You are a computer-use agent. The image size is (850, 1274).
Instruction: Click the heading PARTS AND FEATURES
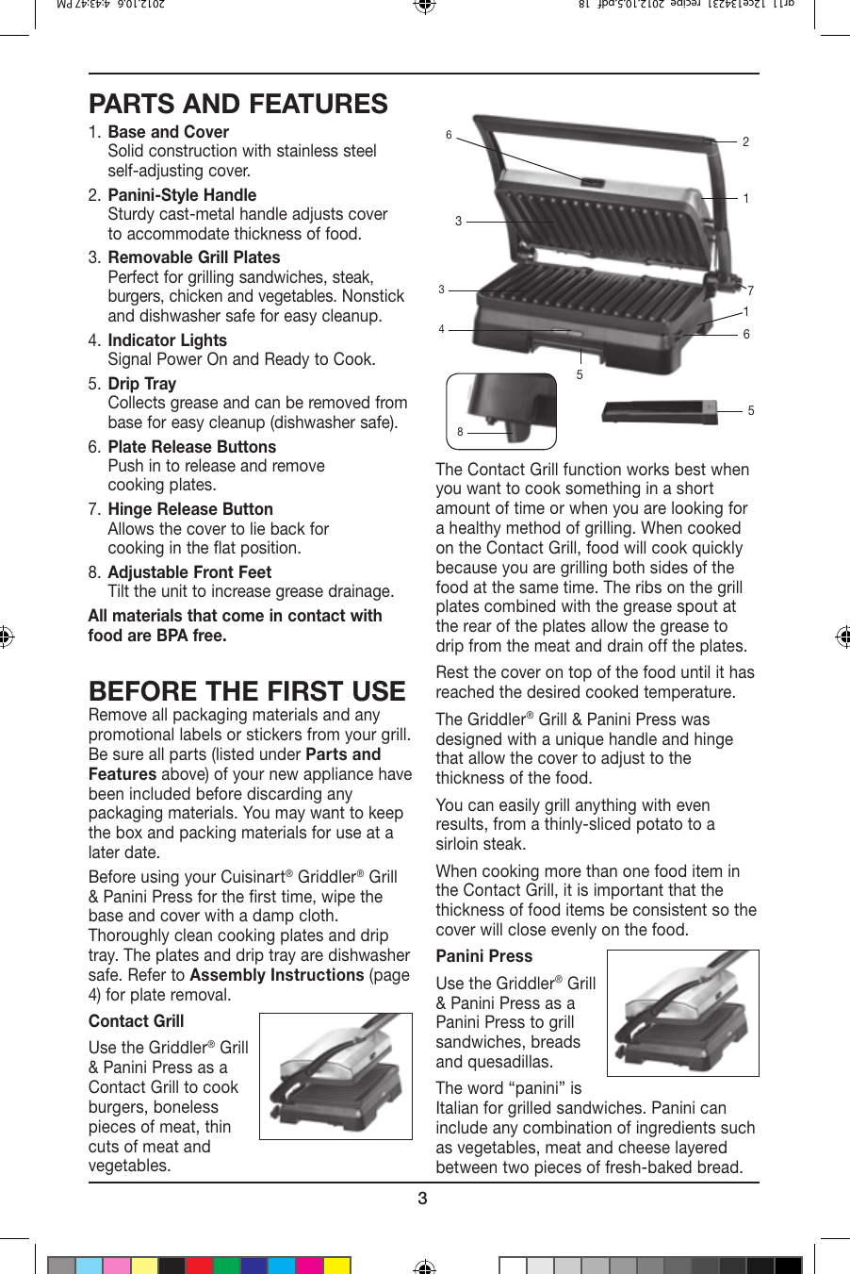click(x=237, y=104)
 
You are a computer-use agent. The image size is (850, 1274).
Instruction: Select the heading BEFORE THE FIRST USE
click(x=247, y=690)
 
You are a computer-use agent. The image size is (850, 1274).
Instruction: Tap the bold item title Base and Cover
click(x=168, y=132)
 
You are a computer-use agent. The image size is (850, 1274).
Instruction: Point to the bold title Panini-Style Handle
click(x=182, y=195)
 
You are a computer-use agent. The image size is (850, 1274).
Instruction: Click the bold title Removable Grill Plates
click(x=193, y=257)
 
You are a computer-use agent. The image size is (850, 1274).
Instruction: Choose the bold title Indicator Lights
click(x=167, y=340)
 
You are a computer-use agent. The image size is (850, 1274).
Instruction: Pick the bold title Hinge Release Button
click(x=190, y=509)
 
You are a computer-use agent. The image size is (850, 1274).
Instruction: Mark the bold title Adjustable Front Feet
click(x=189, y=572)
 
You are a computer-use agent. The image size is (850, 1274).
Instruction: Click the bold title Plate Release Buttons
click(x=192, y=447)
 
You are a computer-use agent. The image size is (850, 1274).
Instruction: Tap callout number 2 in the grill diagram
click(x=745, y=142)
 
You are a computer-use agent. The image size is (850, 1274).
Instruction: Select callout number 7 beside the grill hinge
click(x=750, y=290)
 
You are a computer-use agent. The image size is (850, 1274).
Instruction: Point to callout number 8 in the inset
click(x=460, y=432)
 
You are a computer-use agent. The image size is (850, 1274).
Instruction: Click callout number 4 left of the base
click(x=441, y=329)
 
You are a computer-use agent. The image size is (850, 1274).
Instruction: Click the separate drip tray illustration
click(x=659, y=411)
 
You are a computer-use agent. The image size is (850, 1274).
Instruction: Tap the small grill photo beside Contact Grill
click(x=335, y=1076)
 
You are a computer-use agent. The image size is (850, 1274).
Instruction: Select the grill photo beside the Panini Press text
click(x=682, y=1013)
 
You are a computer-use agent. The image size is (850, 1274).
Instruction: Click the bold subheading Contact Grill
click(x=136, y=1021)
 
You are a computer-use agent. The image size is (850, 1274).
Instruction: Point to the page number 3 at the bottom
click(x=422, y=1199)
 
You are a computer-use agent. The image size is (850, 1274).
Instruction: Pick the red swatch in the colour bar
click(x=199, y=1266)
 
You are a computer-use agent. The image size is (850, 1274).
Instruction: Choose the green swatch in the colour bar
click(x=226, y=1266)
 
